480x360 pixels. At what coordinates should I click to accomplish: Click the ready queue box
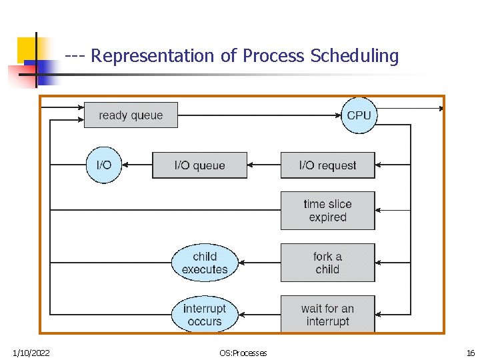[131, 115]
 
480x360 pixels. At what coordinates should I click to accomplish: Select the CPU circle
[359, 115]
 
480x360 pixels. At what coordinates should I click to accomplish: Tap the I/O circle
[104, 165]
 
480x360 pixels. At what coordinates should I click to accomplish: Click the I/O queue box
[199, 165]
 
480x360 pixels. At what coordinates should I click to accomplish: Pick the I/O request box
[327, 165]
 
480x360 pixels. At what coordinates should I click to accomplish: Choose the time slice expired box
[327, 211]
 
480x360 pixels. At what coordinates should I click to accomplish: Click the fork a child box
[327, 263]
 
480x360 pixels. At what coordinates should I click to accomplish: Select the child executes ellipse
[205, 263]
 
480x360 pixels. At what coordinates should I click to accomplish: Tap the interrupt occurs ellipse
[205, 315]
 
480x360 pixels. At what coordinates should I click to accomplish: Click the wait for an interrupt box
[327, 315]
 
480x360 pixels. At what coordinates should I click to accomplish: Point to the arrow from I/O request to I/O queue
[264, 165]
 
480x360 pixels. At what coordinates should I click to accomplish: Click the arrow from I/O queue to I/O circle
[137, 165]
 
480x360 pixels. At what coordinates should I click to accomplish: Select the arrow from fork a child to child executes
[259, 263]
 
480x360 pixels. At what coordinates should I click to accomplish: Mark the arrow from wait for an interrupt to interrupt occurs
[259, 315]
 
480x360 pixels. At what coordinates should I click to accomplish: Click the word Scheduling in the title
[354, 56]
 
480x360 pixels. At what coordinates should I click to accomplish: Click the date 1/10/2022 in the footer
[31, 353]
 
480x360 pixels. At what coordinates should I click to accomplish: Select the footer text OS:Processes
[243, 353]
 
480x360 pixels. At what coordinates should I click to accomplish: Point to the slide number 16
[471, 353]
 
